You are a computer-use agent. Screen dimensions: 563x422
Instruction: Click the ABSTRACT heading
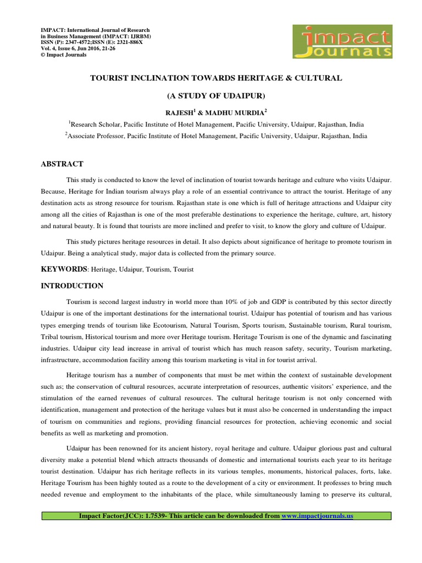click(x=62, y=164)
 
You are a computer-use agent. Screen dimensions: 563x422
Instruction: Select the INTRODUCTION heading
click(x=72, y=286)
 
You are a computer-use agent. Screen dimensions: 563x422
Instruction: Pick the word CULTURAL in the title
click(x=321, y=79)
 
